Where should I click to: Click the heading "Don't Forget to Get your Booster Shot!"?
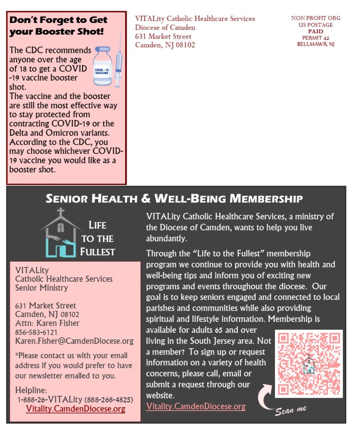tap(59, 26)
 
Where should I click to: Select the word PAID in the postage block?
tap(316, 32)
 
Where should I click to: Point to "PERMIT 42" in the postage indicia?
tap(316, 38)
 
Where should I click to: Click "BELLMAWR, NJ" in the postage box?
tap(316, 44)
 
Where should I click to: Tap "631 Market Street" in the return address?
tap(163, 36)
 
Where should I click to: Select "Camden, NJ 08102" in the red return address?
tap(165, 45)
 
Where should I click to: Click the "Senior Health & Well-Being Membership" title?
tap(174, 198)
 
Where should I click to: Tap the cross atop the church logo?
tap(61, 213)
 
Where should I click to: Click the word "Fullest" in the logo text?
tap(97, 252)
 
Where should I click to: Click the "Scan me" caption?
tap(291, 411)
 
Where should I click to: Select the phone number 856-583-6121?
tap(36, 332)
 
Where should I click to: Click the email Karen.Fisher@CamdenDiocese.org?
tap(74, 341)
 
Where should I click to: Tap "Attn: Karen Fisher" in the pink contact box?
tap(47, 323)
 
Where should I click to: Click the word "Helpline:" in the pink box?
tap(31, 390)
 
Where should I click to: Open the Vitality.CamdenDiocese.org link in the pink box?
tap(75, 409)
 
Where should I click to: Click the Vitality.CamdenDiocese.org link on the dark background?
tap(196, 406)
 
